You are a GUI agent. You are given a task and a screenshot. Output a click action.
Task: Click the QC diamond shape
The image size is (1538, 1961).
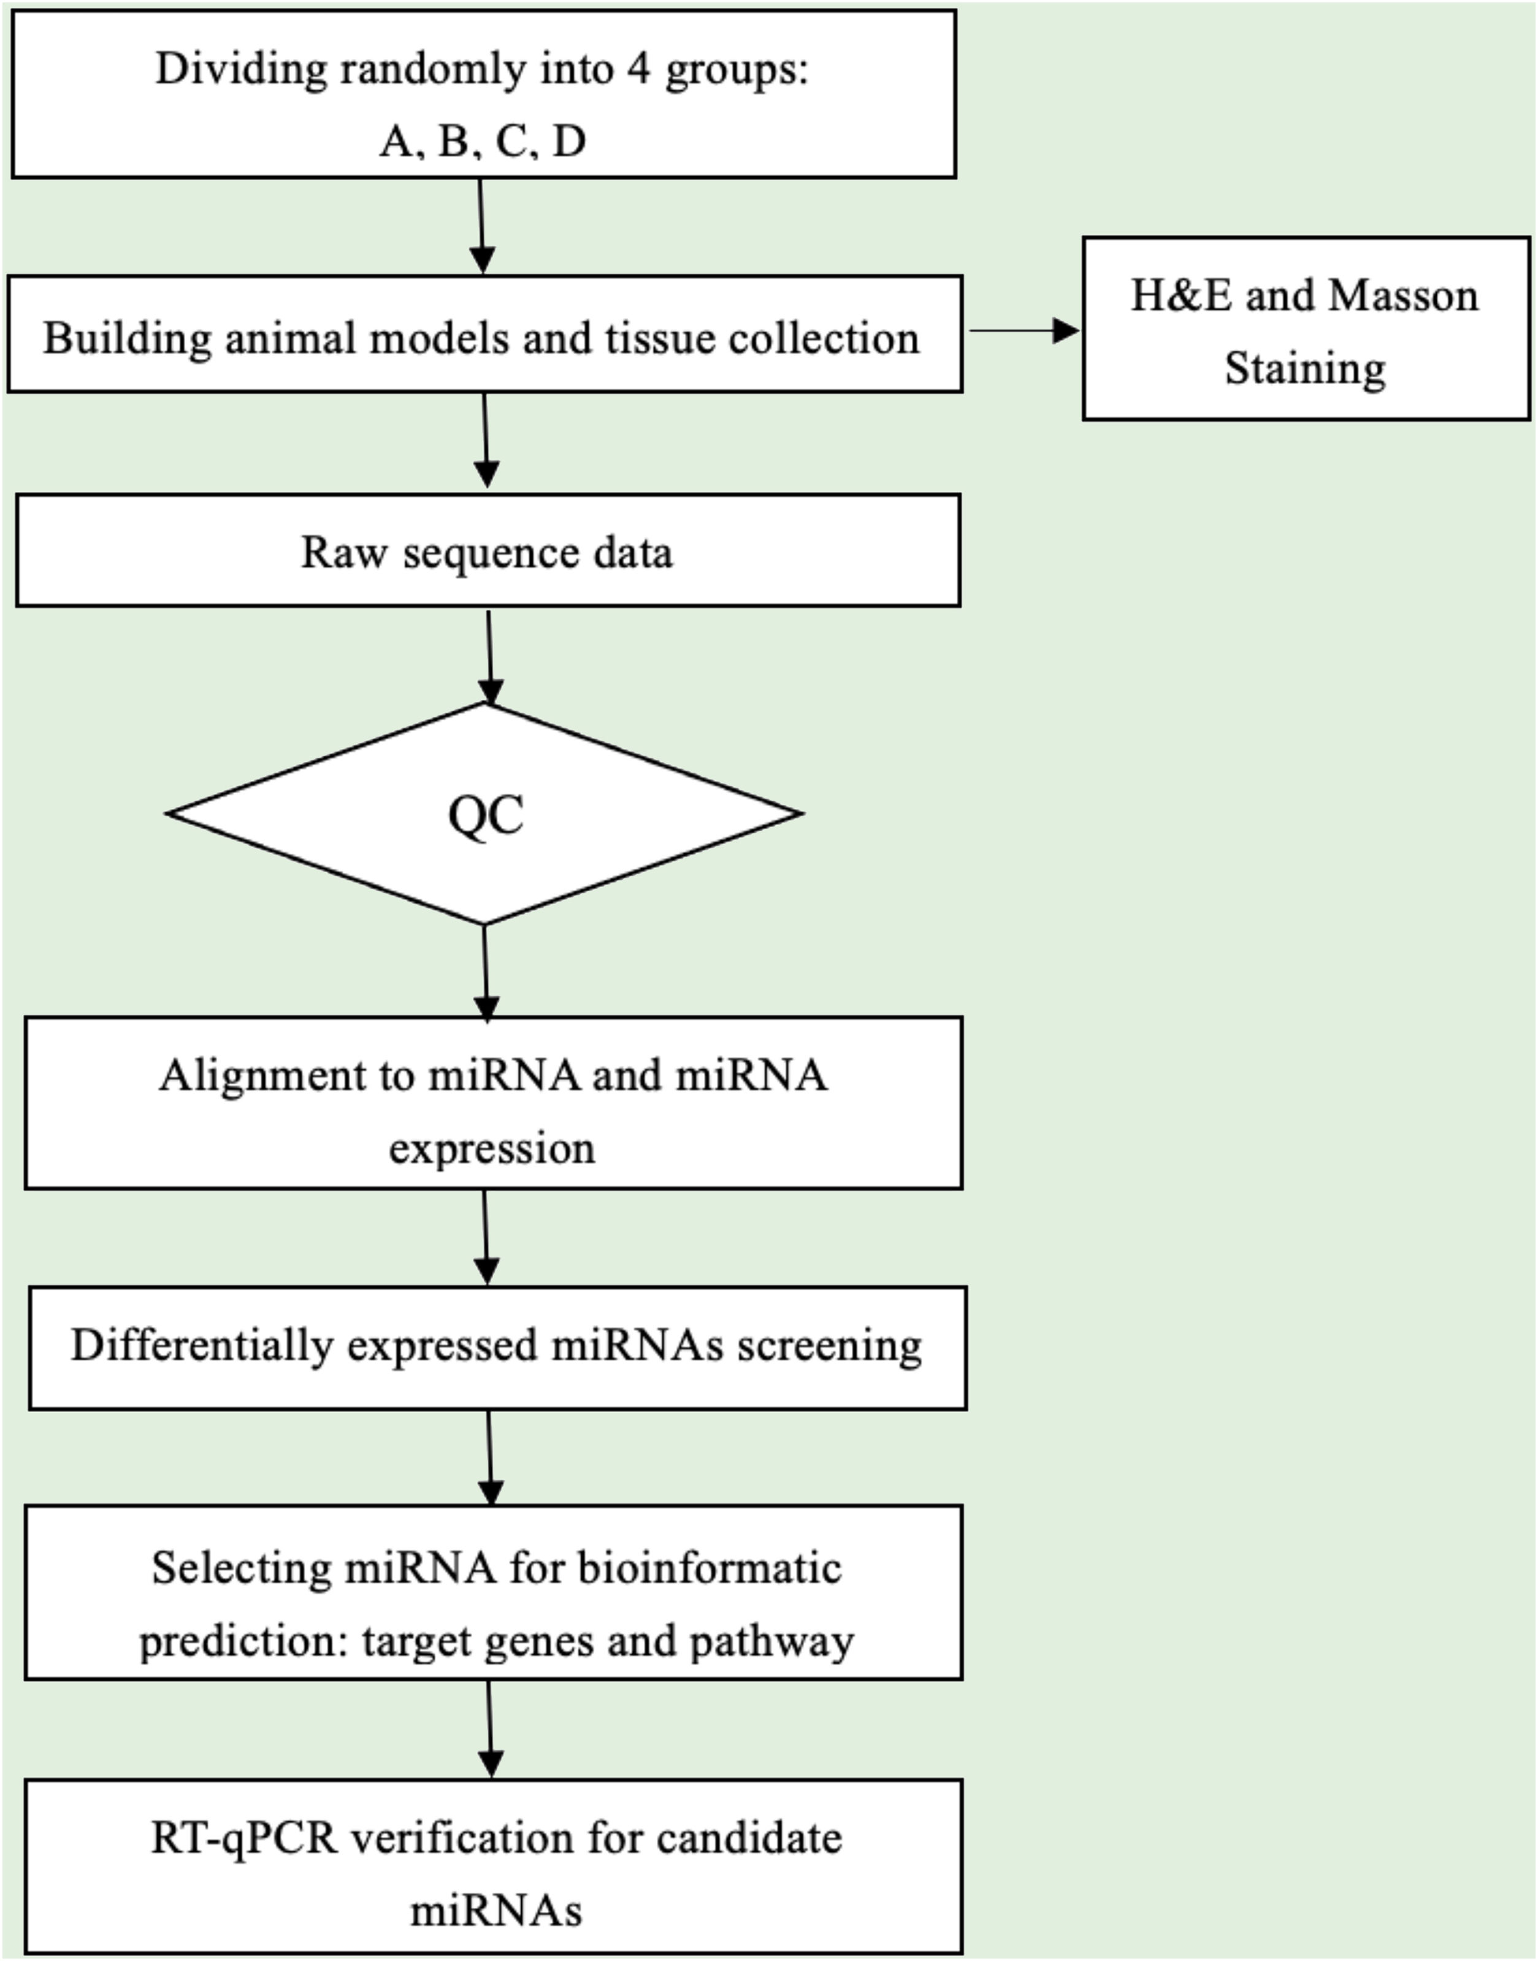(484, 813)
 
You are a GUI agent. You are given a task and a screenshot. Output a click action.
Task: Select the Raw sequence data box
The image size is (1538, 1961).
(487, 550)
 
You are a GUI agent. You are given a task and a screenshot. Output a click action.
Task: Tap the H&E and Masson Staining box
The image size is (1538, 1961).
(1305, 329)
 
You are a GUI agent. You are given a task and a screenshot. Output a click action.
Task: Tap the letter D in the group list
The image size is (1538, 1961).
(568, 140)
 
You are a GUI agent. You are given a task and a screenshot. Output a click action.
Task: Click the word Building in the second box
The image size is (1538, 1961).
(127, 339)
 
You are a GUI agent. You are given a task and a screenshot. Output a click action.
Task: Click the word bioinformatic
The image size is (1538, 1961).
(709, 1568)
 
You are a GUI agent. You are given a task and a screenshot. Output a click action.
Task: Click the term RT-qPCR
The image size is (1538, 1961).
(244, 1838)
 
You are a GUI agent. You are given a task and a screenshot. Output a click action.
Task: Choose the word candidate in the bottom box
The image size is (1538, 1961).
(749, 1838)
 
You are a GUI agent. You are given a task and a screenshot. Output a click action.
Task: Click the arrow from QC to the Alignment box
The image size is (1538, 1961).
(485, 971)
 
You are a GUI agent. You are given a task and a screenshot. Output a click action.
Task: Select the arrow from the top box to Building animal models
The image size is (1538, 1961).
(482, 225)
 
